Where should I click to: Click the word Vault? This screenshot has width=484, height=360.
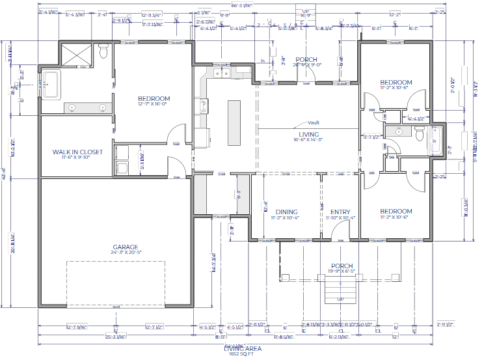point(314,122)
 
